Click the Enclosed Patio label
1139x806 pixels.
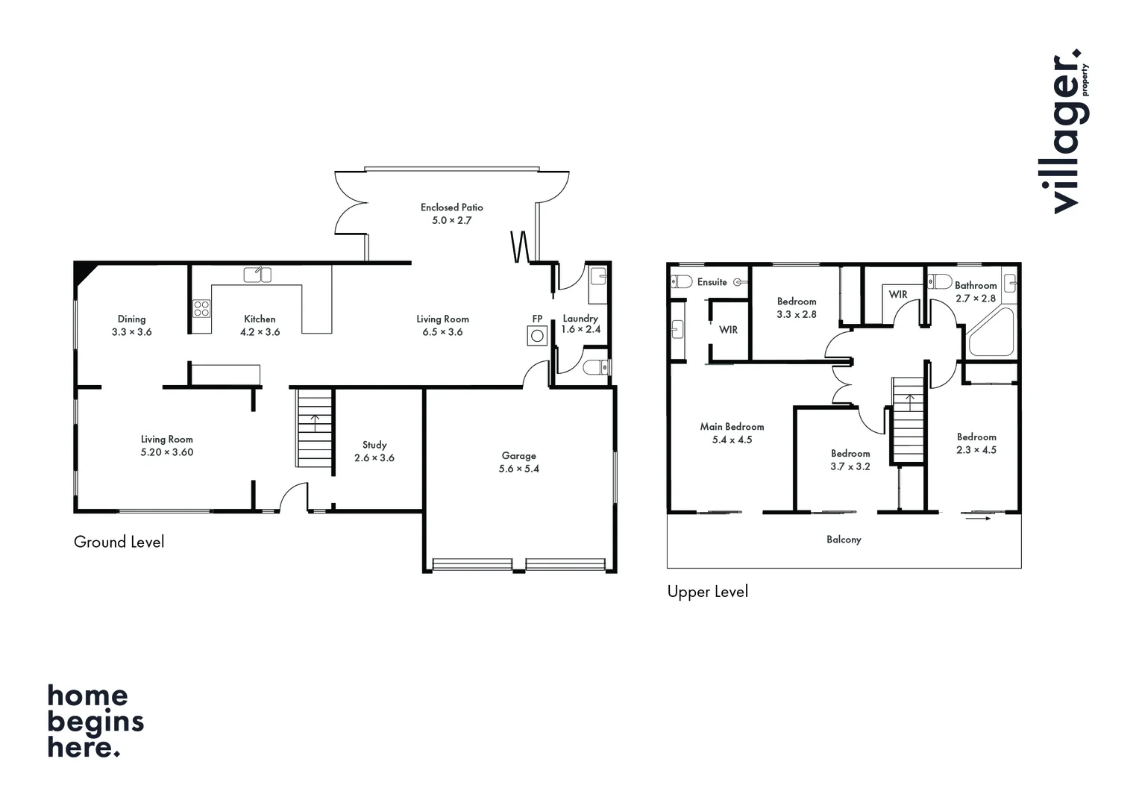[451, 207]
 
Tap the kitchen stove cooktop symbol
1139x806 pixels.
[201, 307]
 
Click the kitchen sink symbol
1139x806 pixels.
[257, 275]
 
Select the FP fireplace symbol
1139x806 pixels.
[537, 336]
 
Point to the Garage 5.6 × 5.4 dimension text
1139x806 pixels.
[519, 469]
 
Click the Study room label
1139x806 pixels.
[374, 445]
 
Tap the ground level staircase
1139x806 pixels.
[315, 429]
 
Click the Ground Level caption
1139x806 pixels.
[119, 542]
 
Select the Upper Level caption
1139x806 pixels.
[707, 592]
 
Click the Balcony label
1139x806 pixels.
[844, 540]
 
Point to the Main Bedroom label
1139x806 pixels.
[732, 427]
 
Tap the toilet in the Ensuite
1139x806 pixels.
[681, 281]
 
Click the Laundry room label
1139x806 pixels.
[580, 319]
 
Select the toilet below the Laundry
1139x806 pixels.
[594, 367]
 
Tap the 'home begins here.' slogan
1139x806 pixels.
[95, 722]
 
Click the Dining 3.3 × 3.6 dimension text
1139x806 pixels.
[131, 332]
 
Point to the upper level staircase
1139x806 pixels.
[909, 422]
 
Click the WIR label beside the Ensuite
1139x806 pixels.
[728, 330]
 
